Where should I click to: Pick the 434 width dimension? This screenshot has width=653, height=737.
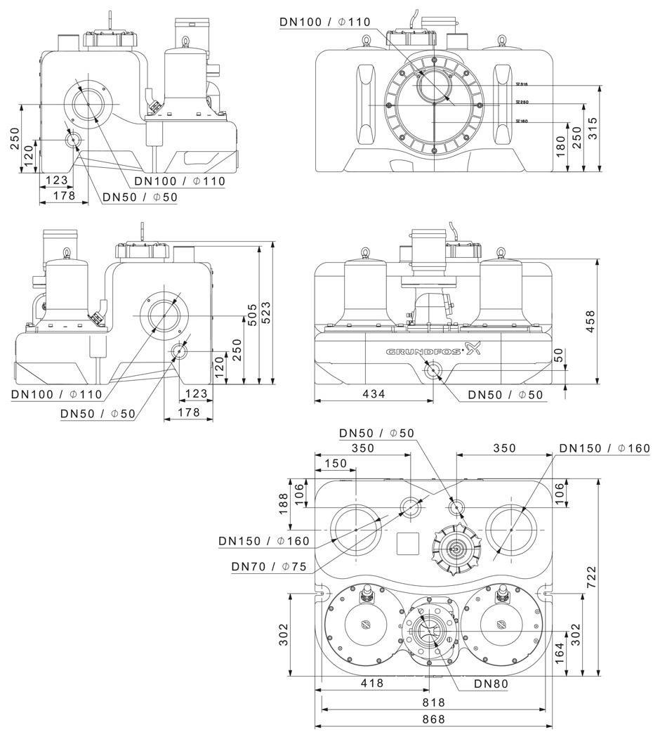click(373, 394)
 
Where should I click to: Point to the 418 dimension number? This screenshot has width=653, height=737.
click(371, 684)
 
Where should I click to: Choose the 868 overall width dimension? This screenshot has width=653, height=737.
click(433, 719)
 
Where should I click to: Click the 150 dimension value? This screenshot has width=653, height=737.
click(336, 464)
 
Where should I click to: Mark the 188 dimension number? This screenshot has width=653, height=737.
click(284, 504)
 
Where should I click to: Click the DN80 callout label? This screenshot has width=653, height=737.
click(491, 683)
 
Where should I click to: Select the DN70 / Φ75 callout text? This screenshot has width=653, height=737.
click(267, 566)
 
